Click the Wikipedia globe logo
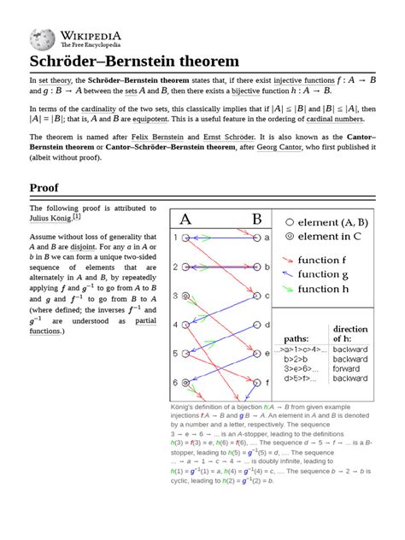click(43, 38)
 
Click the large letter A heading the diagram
click(185, 219)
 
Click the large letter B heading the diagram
click(256, 219)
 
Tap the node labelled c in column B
click(255, 296)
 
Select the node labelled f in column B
click(255, 383)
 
